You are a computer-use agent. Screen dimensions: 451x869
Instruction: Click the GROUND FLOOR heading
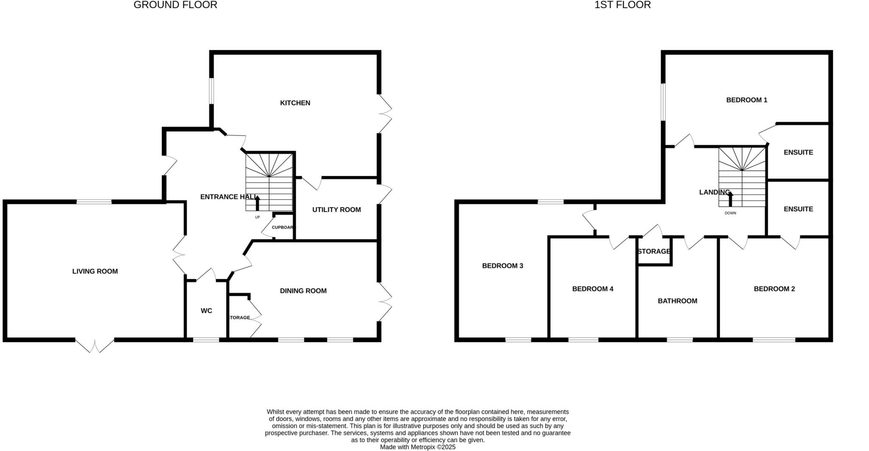[175, 5]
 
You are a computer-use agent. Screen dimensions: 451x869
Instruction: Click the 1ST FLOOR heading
[622, 5]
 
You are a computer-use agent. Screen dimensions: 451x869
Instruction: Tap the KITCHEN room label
[295, 103]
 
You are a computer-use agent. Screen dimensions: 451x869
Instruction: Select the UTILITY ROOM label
[336, 210]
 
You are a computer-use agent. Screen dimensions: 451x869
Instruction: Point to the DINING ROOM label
[303, 291]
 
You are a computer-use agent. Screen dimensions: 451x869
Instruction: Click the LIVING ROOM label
[95, 272]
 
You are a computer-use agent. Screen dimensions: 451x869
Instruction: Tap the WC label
[206, 311]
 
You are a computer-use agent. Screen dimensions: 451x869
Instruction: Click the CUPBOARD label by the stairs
[283, 227]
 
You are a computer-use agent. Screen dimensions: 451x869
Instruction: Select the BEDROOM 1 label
[747, 100]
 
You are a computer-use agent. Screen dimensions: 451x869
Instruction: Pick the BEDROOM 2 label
[774, 289]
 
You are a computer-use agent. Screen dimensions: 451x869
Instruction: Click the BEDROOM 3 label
[502, 266]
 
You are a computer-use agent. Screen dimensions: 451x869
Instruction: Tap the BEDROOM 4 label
[593, 289]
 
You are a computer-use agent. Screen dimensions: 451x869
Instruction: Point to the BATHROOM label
[677, 301]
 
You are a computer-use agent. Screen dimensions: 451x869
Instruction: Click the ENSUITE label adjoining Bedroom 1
[798, 152]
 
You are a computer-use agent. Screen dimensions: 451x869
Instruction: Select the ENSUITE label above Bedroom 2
[798, 209]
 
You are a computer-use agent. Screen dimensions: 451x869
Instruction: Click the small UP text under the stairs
[257, 218]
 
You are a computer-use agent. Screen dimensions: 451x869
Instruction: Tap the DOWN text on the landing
[730, 213]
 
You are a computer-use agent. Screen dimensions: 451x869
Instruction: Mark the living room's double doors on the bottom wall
[95, 345]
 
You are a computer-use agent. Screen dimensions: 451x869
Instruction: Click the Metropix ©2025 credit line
[418, 447]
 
